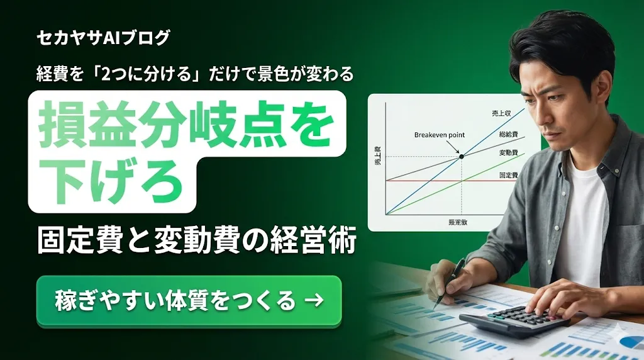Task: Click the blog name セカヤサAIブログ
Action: tap(103, 38)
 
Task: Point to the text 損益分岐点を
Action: tap(186, 125)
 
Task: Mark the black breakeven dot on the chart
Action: tap(462, 156)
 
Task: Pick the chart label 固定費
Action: tap(508, 175)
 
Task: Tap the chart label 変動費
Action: tap(508, 153)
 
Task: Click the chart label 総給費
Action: tap(508, 134)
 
